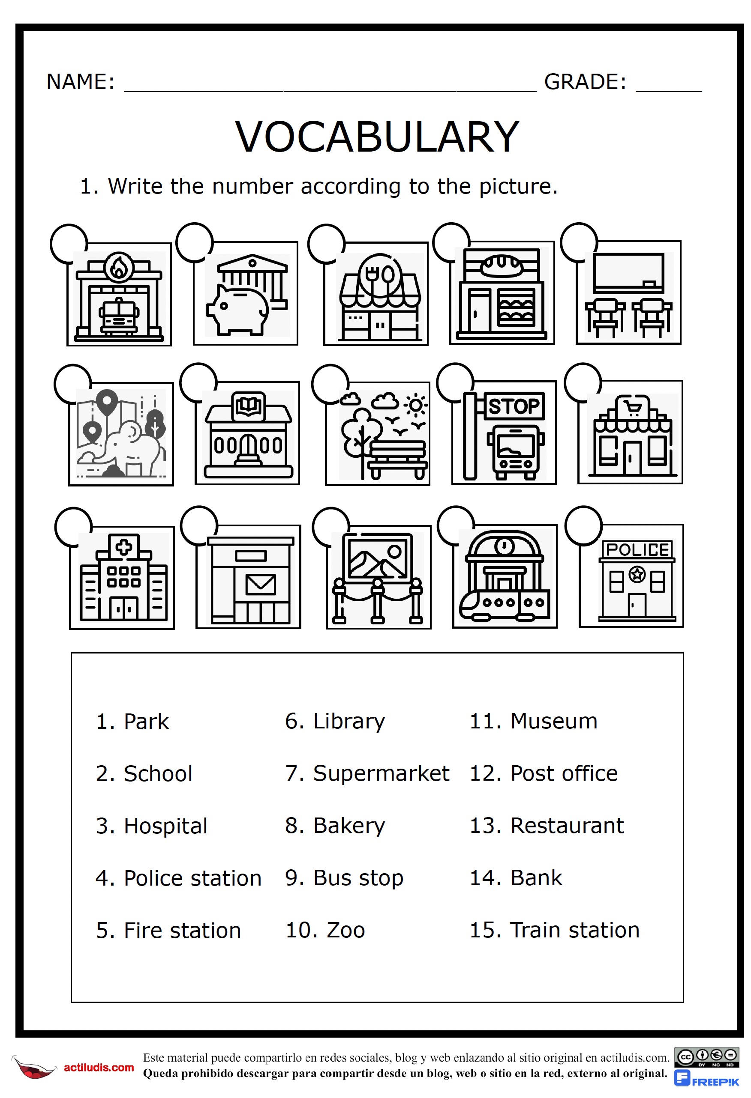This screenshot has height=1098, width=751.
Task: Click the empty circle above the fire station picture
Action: [x=69, y=243]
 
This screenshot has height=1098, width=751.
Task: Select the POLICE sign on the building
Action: [x=637, y=550]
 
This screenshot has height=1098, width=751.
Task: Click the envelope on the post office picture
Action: [x=260, y=585]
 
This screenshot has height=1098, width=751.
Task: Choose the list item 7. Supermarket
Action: [x=367, y=774]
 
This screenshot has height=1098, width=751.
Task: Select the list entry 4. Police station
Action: [x=178, y=878]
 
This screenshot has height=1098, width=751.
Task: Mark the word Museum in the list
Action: [x=554, y=722]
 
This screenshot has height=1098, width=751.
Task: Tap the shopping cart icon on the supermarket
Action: [x=632, y=407]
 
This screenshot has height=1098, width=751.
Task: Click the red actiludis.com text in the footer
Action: [x=99, y=1068]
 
